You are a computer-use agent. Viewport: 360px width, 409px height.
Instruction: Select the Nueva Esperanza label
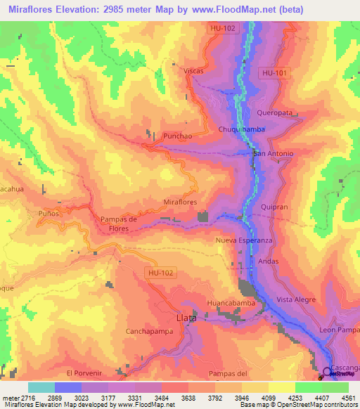(243, 240)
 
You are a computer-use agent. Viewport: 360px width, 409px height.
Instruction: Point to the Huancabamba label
(230, 302)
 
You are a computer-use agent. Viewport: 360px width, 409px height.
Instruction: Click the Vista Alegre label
(295, 299)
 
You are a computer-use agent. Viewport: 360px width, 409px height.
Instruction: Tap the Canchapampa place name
(149, 333)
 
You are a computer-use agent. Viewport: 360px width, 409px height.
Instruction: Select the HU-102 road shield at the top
(222, 28)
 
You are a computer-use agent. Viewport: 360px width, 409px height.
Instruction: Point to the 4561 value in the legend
(346, 398)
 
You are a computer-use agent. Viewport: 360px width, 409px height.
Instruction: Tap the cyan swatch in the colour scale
(41, 387)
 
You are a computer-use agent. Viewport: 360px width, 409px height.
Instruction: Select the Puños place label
(49, 212)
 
